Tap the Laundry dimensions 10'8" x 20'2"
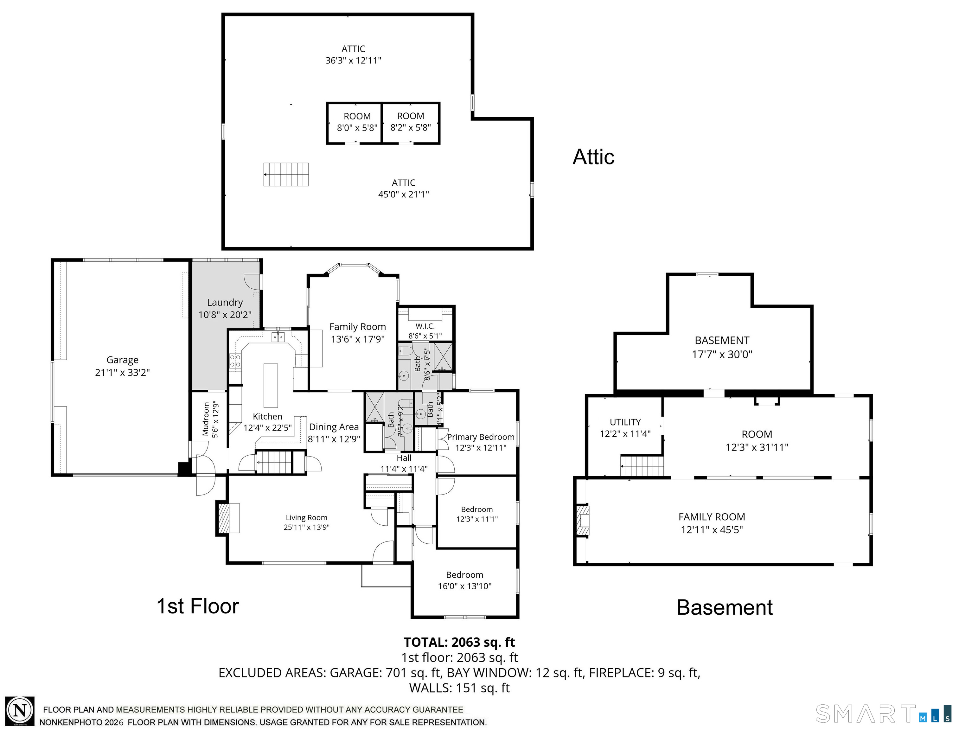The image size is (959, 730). tap(225, 315)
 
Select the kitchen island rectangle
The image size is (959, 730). tap(271, 385)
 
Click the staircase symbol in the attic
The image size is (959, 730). tap(286, 175)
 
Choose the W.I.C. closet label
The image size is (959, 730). tap(425, 326)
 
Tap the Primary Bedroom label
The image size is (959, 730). tap(481, 437)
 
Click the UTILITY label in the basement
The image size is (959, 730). tap(625, 422)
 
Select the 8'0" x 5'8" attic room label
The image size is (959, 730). tap(357, 128)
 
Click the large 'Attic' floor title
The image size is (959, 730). tap(594, 157)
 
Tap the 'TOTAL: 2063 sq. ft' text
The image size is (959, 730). tap(459, 642)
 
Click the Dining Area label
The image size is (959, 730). tap(334, 427)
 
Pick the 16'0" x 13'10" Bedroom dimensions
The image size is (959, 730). tap(464, 586)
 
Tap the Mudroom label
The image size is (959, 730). tap(206, 419)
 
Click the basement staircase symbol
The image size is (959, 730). tap(642, 466)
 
